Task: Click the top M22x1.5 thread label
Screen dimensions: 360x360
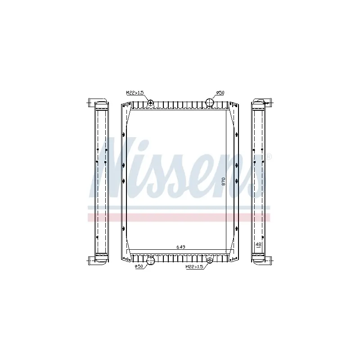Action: [135, 93]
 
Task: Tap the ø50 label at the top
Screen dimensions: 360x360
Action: [220, 93]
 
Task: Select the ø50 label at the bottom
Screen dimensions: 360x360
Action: [140, 267]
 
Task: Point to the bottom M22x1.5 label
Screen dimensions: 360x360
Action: [194, 267]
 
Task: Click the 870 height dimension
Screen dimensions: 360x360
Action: [224, 182]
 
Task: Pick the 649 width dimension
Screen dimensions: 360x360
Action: [181, 247]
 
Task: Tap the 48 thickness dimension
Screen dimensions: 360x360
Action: [258, 244]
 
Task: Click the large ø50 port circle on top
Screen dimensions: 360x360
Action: [210, 102]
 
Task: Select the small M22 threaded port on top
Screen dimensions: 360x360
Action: [151, 103]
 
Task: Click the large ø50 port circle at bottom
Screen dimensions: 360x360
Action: [151, 260]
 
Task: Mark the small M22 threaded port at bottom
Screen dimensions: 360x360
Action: [209, 260]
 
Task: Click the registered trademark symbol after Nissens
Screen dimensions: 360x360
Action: [269, 157]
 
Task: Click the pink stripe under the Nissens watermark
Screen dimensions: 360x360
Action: [180, 217]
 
